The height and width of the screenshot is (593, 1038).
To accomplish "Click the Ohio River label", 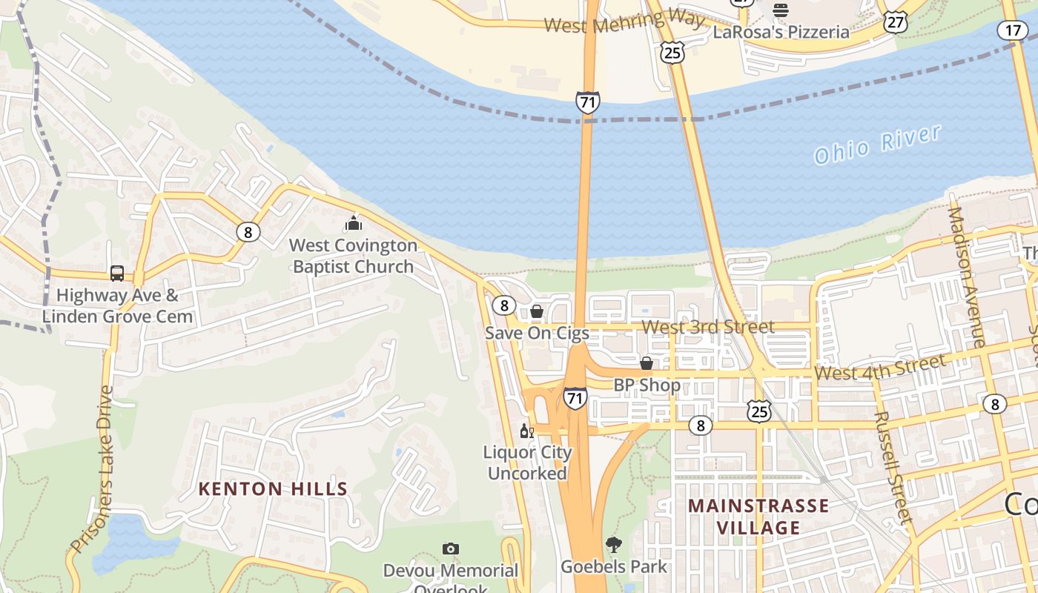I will (x=877, y=145).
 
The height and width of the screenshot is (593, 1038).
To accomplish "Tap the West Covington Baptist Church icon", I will (x=354, y=222).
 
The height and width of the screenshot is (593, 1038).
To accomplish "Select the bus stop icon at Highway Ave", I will (x=117, y=273).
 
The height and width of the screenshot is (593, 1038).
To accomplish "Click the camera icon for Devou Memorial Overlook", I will (x=450, y=549).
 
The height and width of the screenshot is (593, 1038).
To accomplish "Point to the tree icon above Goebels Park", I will (x=613, y=545).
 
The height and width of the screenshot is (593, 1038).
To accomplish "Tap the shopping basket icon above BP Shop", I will (x=647, y=363).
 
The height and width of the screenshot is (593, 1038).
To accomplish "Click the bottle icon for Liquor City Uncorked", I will (x=526, y=431).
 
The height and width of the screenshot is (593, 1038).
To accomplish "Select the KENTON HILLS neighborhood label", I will (x=273, y=489).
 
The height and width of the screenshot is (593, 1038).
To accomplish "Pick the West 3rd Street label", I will (x=707, y=327).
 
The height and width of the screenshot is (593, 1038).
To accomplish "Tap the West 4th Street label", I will (x=879, y=367).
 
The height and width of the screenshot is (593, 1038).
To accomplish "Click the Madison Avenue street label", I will (x=966, y=276).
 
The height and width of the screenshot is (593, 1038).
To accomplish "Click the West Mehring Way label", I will (x=624, y=22).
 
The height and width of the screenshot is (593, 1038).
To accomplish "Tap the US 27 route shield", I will (x=896, y=22).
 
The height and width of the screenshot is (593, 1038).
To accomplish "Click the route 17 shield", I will (x=1012, y=30).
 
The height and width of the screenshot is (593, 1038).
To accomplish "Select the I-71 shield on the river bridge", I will (x=587, y=102).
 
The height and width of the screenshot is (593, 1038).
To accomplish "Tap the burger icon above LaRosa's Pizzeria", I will (x=780, y=10).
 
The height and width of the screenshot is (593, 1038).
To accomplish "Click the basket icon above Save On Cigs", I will (x=536, y=311).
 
